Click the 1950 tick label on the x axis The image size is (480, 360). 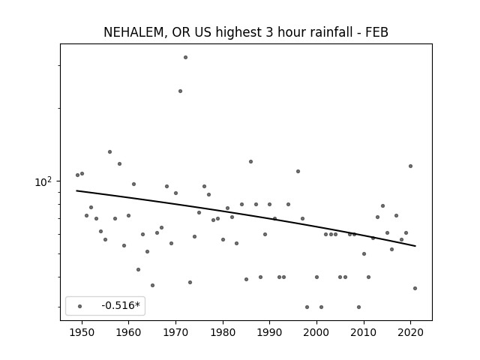82,332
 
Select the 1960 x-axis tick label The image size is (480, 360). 128,332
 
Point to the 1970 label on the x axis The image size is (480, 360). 175,332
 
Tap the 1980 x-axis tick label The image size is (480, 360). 223,332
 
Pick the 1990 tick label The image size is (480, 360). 270,332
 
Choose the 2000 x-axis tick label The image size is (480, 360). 316,332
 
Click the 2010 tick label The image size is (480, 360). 364,332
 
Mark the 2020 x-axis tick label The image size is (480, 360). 411,332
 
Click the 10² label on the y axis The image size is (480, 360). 43,181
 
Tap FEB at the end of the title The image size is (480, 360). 376,32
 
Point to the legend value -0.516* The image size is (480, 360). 121,305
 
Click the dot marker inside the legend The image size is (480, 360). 80,306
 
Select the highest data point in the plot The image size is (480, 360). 185,57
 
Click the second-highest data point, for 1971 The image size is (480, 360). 180,91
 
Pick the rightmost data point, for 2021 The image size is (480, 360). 415,288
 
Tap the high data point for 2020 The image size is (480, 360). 410,166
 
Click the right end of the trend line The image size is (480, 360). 415,246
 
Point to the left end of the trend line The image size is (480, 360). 76,190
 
